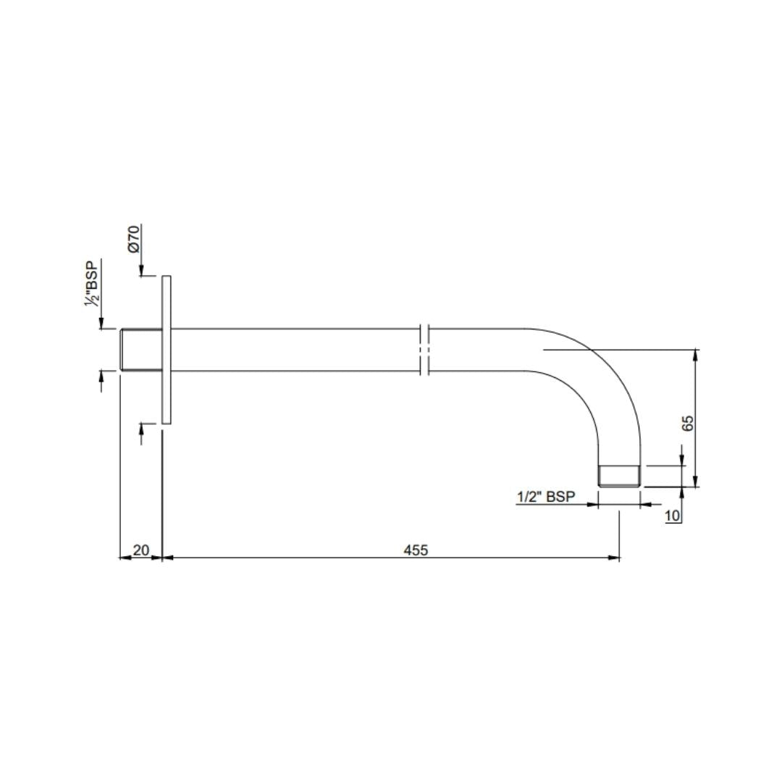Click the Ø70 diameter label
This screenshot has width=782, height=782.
tap(133, 238)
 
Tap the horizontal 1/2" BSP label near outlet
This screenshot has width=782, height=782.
tap(545, 497)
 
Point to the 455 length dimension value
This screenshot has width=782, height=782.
tap(416, 550)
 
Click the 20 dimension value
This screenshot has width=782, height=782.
tap(141, 550)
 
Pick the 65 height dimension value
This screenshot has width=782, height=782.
tap(688, 424)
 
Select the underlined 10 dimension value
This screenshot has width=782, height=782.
tap(672, 516)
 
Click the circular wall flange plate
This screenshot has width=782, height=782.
tap(167, 350)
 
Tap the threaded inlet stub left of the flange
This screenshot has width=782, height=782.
tap(141, 350)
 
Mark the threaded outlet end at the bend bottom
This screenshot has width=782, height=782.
tap(619, 476)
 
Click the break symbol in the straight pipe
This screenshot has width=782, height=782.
tap(425, 350)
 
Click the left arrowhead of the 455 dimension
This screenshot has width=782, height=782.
tap(167, 558)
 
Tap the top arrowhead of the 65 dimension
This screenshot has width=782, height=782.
tap(696, 354)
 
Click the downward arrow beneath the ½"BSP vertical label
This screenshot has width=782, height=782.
tap(101, 324)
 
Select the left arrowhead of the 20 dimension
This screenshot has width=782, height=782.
tap(124, 558)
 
